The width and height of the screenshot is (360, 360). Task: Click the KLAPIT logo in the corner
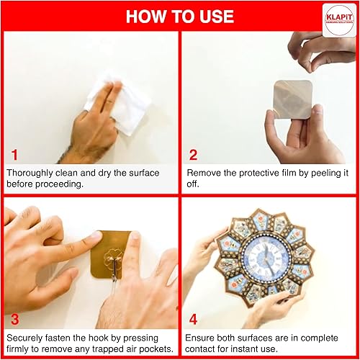(339, 20)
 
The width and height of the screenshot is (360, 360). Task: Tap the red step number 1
(14, 155)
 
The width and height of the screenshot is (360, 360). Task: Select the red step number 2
(193, 155)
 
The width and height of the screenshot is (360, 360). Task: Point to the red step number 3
(15, 320)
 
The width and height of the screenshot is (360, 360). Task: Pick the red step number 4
(193, 320)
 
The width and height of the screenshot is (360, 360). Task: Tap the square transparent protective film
(293, 99)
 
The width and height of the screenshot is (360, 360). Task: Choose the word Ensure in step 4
(199, 338)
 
